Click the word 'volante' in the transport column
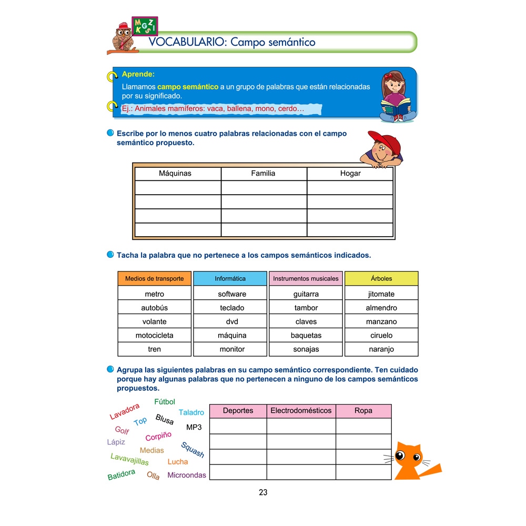tap(154, 321)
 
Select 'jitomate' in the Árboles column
tap(381, 294)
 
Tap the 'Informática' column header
tap(230, 279)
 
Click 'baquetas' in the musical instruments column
tap(306, 335)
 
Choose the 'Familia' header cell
tap(263, 173)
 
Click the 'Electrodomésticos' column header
tap(301, 410)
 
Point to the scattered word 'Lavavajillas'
tap(129, 459)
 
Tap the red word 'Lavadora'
tap(125, 411)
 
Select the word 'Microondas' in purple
tap(187, 475)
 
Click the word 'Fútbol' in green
tap(165, 402)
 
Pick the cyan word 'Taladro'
tap(191, 412)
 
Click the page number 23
tap(263, 492)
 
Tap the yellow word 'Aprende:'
tap(138, 74)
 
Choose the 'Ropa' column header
tap(363, 410)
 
